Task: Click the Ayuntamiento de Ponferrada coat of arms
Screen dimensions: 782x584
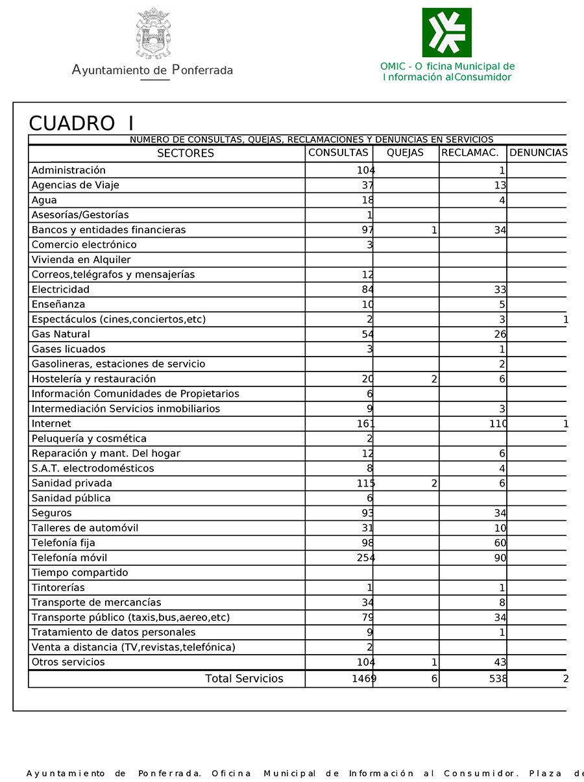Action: [153, 33]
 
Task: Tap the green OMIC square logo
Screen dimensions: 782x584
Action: [446, 32]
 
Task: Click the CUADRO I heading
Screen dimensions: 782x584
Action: [82, 123]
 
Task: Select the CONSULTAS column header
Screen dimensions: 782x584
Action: [338, 153]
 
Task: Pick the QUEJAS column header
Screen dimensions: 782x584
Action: [405, 153]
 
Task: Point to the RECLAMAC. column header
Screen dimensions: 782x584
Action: [470, 153]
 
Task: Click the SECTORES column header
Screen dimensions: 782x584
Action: [186, 153]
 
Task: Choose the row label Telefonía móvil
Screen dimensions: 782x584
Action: [69, 558]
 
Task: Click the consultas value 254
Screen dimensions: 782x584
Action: [366, 558]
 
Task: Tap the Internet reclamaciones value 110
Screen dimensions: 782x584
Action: [498, 424]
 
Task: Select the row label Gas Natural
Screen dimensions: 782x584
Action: [61, 334]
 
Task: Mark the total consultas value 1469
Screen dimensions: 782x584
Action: [364, 679]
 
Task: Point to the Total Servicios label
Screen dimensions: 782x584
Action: [244, 679]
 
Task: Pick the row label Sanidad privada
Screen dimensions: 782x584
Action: [72, 483]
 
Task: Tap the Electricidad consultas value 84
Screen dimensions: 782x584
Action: [368, 290]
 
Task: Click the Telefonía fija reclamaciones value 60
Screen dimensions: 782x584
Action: [500, 543]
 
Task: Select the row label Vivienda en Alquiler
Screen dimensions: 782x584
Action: [81, 260]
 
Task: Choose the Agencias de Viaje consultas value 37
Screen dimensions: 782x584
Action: [368, 185]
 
